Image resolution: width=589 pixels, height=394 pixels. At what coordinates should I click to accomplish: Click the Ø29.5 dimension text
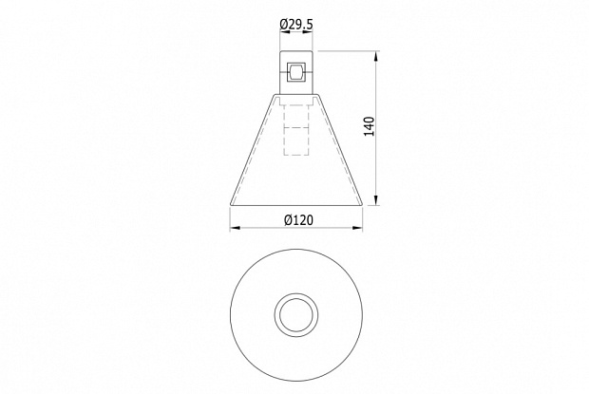(x=296, y=25)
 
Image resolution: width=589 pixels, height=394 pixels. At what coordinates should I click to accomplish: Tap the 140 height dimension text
(x=370, y=126)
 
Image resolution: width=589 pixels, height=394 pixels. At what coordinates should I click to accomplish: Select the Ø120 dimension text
(x=298, y=220)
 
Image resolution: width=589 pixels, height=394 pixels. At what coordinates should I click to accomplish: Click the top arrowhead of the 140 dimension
(x=375, y=57)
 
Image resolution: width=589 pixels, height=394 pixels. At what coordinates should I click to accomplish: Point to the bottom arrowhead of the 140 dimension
(x=375, y=200)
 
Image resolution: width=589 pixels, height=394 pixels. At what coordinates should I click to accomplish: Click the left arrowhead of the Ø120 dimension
(x=236, y=228)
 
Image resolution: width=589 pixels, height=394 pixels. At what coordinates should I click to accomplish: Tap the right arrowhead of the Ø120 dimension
(x=357, y=228)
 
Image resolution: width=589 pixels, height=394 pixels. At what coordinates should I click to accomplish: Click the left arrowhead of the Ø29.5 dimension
(x=285, y=32)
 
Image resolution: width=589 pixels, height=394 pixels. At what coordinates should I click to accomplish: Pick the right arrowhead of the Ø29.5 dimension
(x=307, y=32)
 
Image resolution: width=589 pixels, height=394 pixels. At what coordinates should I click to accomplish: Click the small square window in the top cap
(x=296, y=72)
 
